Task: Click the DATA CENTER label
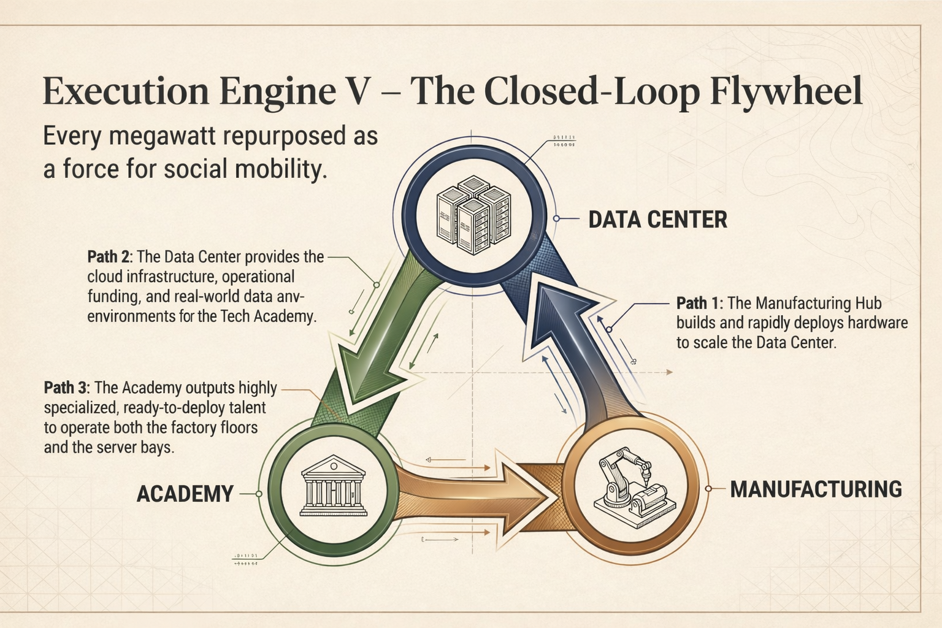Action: coord(657,220)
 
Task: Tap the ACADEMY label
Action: coord(185,494)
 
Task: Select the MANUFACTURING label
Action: coord(816,489)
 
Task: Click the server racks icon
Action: coord(473,215)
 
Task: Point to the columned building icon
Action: coord(333,486)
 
